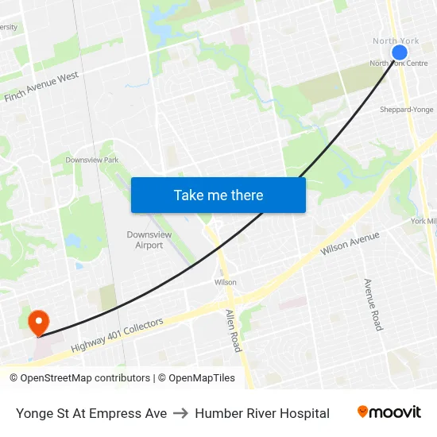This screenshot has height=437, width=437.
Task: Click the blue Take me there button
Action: (x=218, y=195)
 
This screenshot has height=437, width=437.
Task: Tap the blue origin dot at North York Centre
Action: (x=400, y=52)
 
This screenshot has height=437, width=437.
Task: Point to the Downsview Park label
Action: (x=92, y=160)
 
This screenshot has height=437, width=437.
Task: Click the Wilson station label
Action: (x=226, y=282)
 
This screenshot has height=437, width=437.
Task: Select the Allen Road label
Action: (x=233, y=331)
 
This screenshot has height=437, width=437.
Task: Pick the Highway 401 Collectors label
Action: (x=117, y=335)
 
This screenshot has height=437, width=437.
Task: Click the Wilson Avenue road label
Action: (x=350, y=243)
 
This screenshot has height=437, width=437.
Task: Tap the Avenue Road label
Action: (x=373, y=304)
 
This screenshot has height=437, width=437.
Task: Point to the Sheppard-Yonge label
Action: (x=407, y=110)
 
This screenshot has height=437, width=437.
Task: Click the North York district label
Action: (x=396, y=41)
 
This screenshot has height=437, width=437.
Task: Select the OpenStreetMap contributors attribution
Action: (x=79, y=378)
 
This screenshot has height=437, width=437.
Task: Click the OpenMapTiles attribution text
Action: (x=196, y=378)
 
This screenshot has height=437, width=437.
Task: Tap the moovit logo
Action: (x=389, y=412)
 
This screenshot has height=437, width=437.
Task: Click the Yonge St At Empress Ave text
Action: (x=91, y=413)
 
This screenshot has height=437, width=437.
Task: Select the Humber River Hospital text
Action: (x=262, y=413)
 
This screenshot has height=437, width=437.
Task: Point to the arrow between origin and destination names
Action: (x=180, y=413)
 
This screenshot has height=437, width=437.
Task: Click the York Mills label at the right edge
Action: (x=424, y=221)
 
